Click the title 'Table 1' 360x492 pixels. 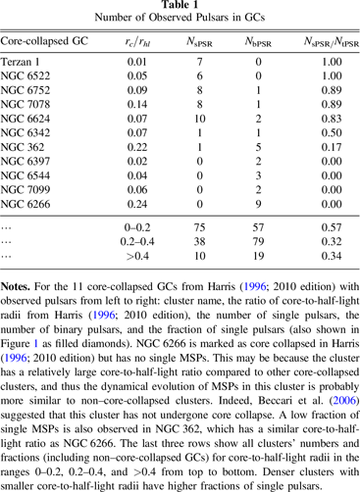[180, 8]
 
